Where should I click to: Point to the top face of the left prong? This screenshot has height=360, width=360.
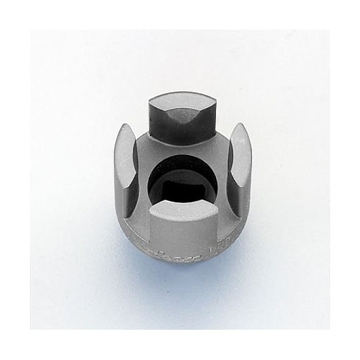click(x=125, y=144)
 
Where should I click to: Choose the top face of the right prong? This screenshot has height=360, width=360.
click(x=239, y=144)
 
